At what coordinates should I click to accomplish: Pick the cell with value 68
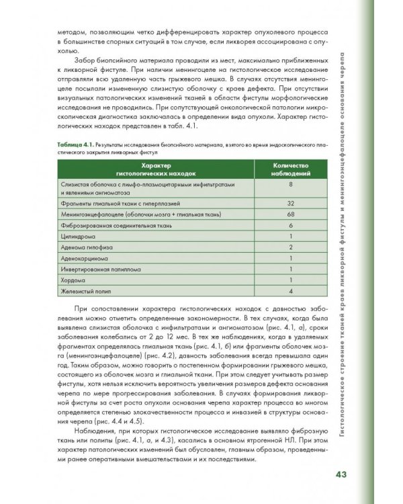[x=290, y=213]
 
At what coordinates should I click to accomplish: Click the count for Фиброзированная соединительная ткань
[x=290, y=224]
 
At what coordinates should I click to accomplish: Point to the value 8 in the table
[x=290, y=184]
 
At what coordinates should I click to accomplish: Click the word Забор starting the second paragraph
[x=82, y=58]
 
